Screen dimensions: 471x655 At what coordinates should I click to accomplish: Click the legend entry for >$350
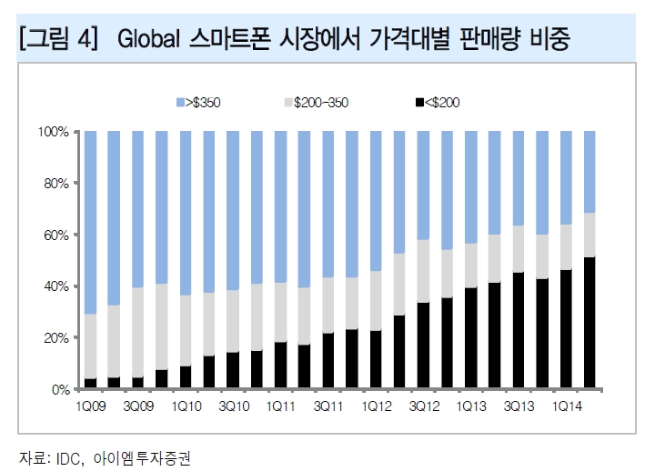pos(201,102)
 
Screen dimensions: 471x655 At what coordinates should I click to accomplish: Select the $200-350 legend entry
pos(317,102)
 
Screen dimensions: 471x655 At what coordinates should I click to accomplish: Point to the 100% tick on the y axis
pos(55,132)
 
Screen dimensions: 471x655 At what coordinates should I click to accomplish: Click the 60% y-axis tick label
pos(57,235)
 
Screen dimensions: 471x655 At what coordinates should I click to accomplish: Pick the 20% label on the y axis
pos(57,337)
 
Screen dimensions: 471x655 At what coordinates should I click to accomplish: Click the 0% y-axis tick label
pos(60,389)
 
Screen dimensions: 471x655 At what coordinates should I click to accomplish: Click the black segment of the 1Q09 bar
pos(90,384)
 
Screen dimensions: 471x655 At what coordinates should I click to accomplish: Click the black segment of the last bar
pos(589,323)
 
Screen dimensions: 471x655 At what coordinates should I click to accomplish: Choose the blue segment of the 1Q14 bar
pos(566,177)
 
